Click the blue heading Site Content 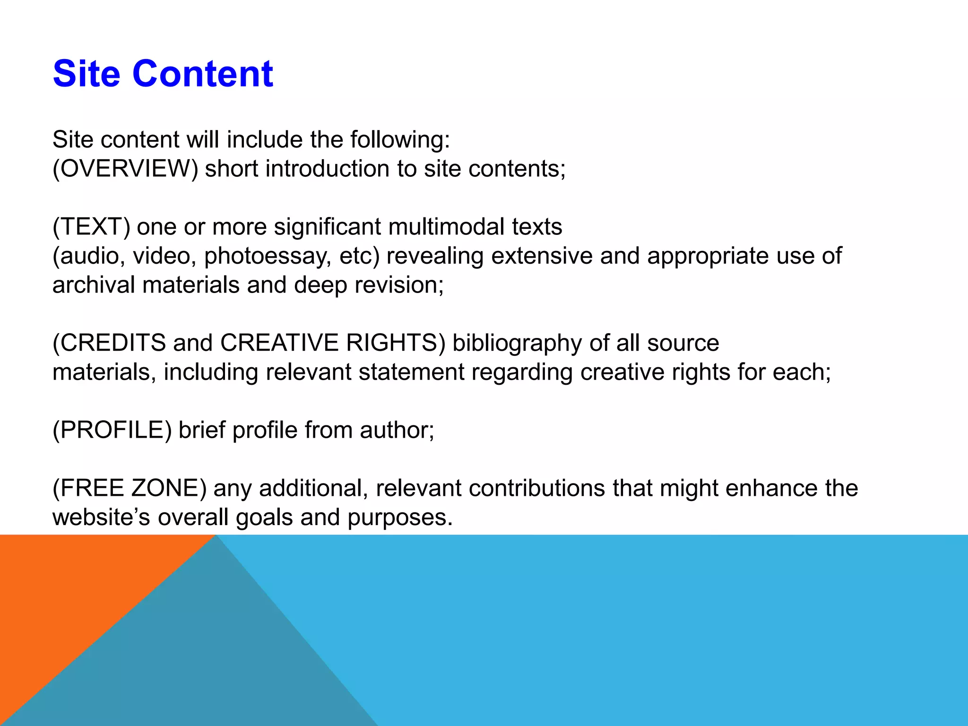(x=163, y=74)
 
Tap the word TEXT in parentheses (x=91, y=227)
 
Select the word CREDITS (x=113, y=343)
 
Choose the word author (x=396, y=430)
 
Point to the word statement (x=411, y=372)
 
